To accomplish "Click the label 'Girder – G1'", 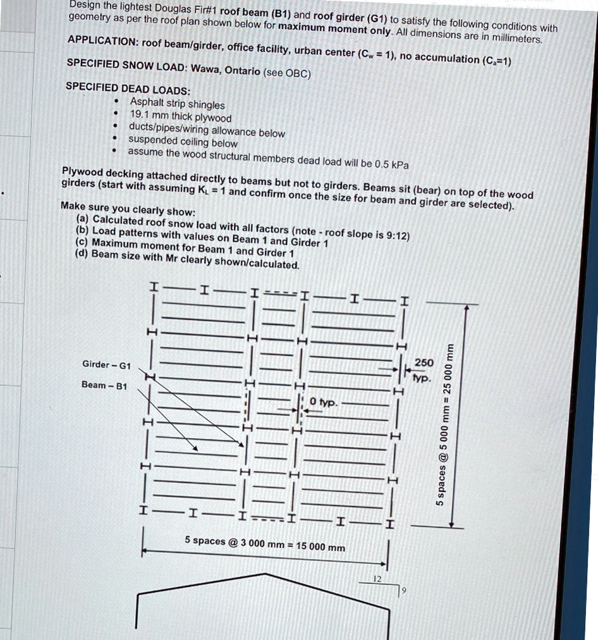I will (107, 364).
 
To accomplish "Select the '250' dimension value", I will (424, 362).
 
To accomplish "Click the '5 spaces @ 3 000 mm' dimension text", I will (265, 543).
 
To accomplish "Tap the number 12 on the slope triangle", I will (377, 579).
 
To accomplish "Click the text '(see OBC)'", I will (287, 73).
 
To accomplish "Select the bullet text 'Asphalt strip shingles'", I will (177, 104).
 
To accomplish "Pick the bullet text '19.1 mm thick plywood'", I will (180, 116).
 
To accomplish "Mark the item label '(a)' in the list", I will (82, 219).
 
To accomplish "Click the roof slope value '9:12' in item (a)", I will (398, 235).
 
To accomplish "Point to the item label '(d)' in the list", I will (81, 254).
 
